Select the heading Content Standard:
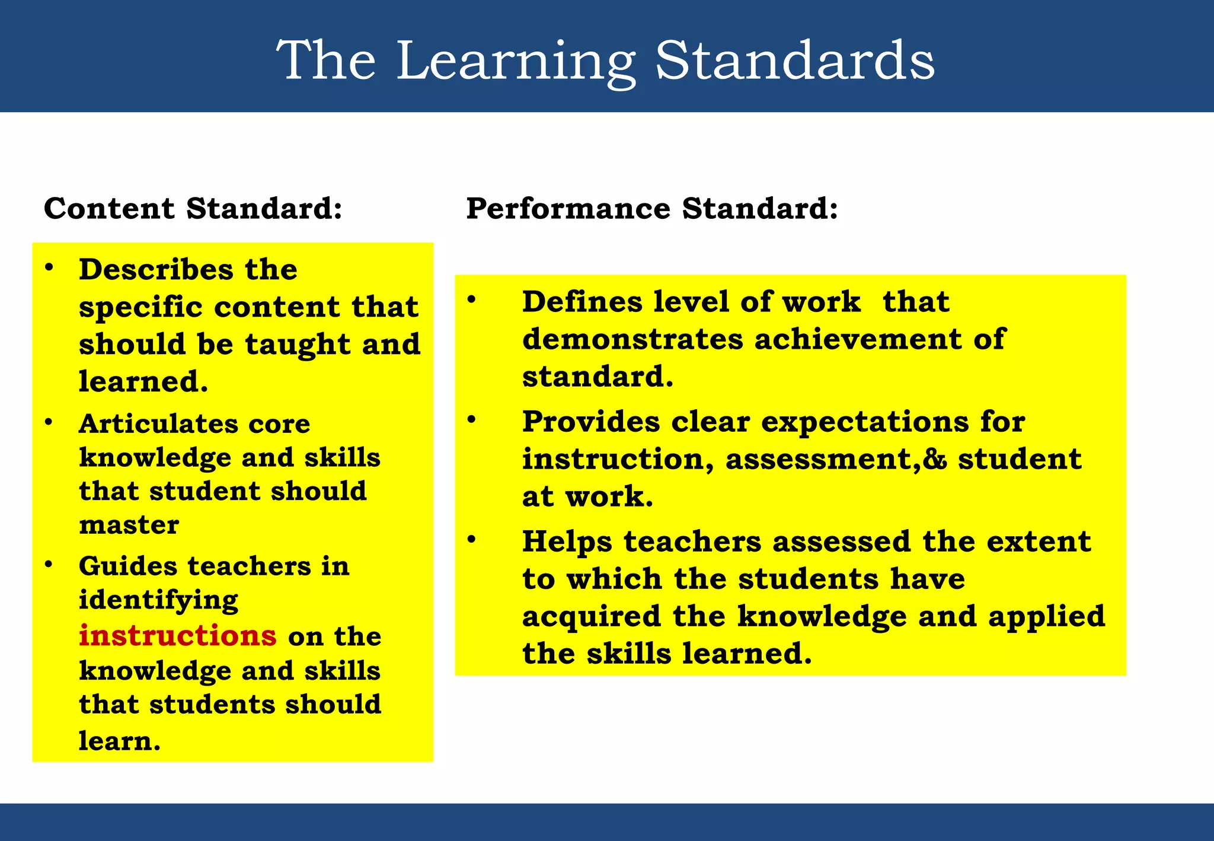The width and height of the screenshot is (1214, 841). click(x=193, y=209)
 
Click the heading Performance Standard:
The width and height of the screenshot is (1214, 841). click(x=651, y=209)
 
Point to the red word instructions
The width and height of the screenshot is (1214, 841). click(x=177, y=636)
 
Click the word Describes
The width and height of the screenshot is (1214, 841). click(x=156, y=270)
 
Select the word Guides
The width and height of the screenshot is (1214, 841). click(x=127, y=566)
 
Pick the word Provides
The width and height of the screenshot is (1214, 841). click(x=590, y=422)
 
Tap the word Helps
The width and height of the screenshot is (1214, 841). click(x=567, y=542)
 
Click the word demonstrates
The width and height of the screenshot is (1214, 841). click(x=632, y=340)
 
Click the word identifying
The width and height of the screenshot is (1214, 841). click(x=158, y=601)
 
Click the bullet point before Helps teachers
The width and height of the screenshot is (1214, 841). click(x=471, y=539)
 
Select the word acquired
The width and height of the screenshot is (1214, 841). click(x=591, y=617)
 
